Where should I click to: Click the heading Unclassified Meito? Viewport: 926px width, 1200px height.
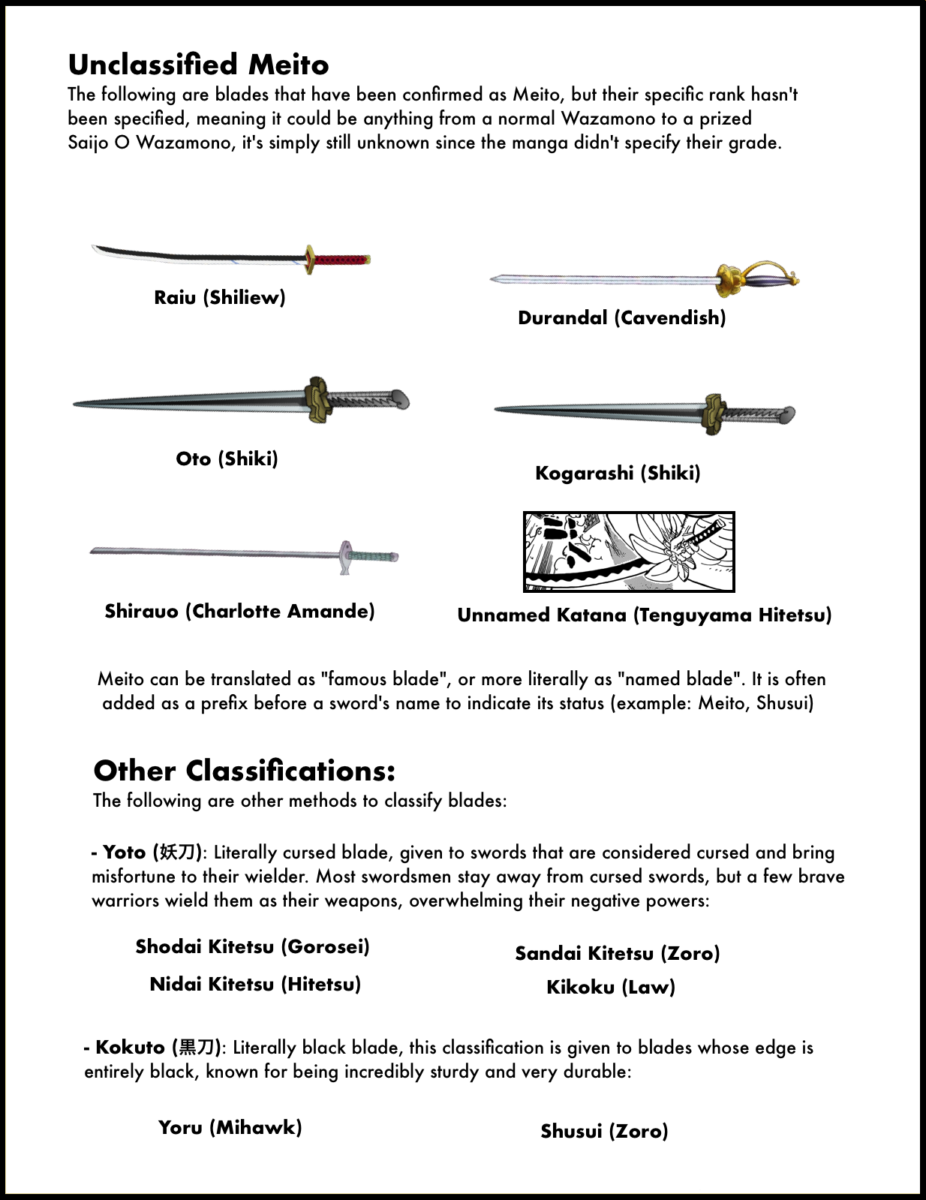198,65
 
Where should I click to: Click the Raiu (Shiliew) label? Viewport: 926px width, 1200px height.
220,298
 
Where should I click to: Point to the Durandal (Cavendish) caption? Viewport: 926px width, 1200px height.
622,318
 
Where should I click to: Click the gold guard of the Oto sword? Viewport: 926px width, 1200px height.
318,400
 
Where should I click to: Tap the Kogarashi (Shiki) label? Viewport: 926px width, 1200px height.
618,474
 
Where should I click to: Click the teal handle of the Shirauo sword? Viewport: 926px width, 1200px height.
373,557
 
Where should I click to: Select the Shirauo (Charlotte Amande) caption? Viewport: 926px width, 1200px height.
239,612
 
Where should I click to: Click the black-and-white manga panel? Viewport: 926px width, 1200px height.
629,552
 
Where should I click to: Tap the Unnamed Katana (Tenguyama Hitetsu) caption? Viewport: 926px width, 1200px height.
645,616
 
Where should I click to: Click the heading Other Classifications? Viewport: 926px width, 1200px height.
244,771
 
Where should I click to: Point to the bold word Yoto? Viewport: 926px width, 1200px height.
125,853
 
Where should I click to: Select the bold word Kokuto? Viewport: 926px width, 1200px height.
130,1048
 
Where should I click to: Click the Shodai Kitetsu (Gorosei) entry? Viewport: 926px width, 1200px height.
253,947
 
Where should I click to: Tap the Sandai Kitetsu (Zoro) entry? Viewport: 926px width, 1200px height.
618,954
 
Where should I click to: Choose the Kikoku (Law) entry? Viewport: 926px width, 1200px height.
611,988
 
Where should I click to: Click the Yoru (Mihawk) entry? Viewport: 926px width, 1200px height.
230,1128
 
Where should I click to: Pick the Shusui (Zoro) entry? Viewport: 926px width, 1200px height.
604,1132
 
